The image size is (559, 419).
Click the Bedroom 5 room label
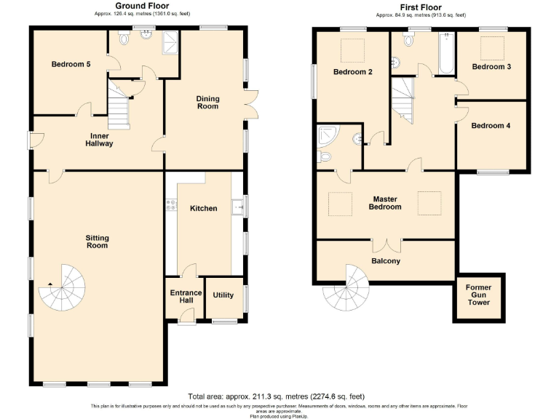pyautogui.click(x=71, y=65)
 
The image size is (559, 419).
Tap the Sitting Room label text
pyautogui.click(x=97, y=241)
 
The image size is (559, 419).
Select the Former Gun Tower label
pyautogui.click(x=478, y=295)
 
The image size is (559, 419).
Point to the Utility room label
pyautogui.click(x=223, y=295)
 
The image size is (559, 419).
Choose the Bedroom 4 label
pyautogui.click(x=491, y=126)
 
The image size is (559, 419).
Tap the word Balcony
pyautogui.click(x=386, y=261)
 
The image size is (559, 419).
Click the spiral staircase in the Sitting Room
pyautogui.click(x=61, y=295)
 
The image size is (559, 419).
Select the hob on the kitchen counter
pyautogui.click(x=171, y=207)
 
